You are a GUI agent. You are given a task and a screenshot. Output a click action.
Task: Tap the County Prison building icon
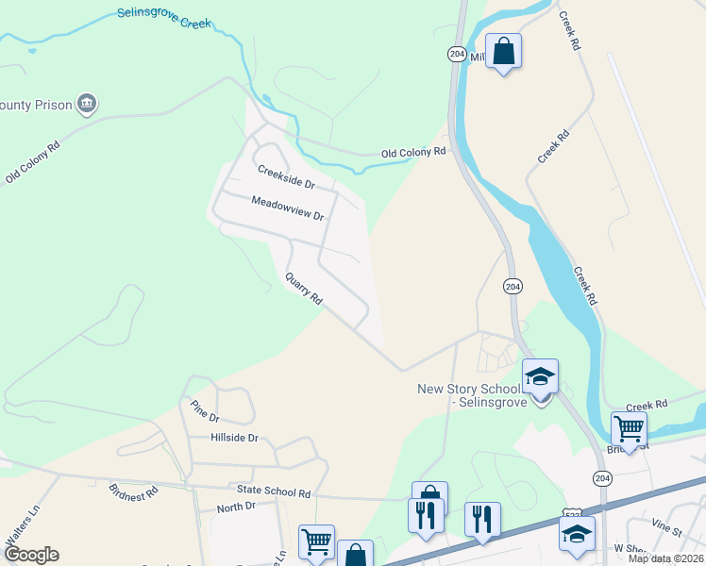[x=87, y=103]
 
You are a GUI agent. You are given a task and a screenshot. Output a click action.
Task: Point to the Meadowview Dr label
[x=287, y=208]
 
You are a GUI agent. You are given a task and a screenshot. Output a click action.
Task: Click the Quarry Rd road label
[x=304, y=289]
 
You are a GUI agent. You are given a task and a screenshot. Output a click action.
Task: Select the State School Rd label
[x=273, y=492]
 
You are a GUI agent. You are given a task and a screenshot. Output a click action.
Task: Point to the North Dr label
[x=236, y=507]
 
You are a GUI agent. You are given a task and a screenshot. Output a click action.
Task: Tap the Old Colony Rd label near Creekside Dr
[x=412, y=152]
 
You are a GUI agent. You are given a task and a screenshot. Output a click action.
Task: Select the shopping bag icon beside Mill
[x=503, y=51]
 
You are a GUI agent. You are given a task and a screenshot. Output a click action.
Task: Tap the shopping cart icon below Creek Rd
[x=629, y=428]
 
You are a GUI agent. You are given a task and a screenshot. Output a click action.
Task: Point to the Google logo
[x=30, y=555]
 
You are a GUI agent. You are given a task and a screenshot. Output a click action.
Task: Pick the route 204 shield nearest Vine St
[x=601, y=478]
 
